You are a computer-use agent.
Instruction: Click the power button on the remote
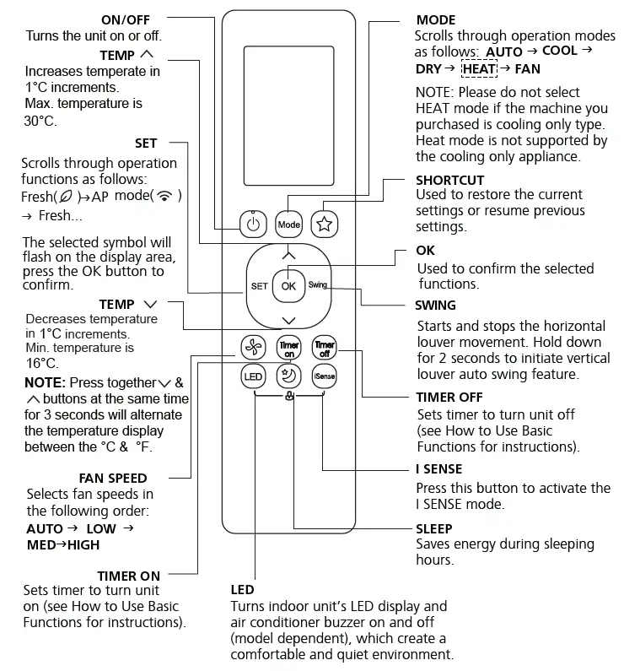point(254,225)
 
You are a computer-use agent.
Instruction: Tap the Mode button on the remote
point(289,225)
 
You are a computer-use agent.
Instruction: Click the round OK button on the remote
point(288,285)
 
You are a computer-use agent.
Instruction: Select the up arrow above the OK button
point(289,253)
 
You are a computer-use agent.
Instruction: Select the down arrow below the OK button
point(289,320)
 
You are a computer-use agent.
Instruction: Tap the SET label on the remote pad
point(259,286)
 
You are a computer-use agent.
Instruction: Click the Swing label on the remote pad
point(318,285)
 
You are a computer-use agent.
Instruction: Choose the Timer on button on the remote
point(289,347)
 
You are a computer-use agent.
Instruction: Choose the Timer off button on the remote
point(324,347)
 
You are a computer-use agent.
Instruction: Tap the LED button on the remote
point(254,377)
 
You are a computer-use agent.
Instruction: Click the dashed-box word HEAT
point(480,68)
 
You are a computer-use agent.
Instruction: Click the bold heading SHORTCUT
point(449,180)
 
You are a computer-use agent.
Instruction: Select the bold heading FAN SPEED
point(113,479)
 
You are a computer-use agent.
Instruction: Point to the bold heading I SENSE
point(438,468)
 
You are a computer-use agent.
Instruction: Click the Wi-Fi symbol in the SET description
point(168,197)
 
